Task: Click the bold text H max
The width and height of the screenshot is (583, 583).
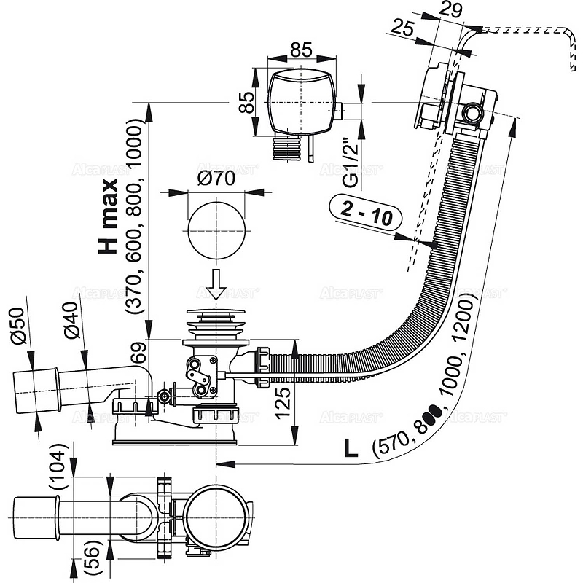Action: [109, 222]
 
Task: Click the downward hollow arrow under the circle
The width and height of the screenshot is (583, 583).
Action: [215, 284]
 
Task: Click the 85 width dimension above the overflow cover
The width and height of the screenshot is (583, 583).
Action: [300, 50]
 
